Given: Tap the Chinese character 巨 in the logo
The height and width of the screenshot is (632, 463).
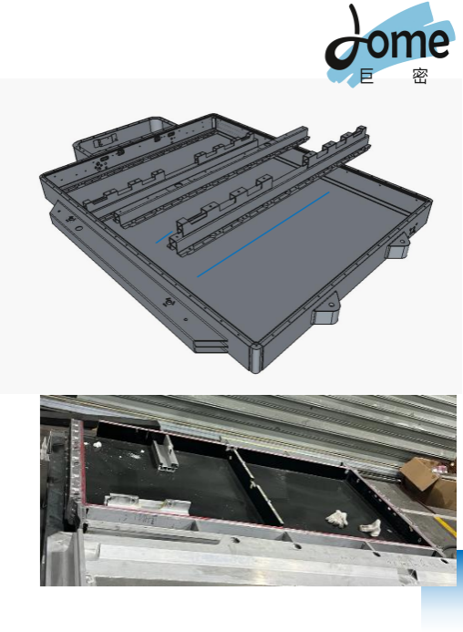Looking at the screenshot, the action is (366, 76).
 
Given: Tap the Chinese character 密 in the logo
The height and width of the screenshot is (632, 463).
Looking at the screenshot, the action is (420, 77).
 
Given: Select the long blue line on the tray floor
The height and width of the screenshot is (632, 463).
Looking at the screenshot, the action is (263, 234).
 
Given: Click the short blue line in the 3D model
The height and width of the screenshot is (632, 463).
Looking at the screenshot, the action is (164, 237).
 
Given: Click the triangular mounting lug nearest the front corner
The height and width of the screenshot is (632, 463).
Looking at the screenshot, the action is (326, 309).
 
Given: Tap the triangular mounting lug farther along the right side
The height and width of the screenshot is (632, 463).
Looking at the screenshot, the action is (398, 246).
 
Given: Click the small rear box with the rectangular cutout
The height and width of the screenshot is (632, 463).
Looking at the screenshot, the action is (117, 138).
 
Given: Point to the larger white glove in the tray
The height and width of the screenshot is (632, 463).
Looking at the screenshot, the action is (337, 517).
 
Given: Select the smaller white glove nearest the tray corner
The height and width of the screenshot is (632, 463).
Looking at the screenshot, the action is (371, 527).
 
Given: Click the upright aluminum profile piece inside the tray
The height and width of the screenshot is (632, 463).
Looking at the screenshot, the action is (165, 452).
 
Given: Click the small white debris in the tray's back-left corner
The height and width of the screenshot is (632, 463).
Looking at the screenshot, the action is (97, 444).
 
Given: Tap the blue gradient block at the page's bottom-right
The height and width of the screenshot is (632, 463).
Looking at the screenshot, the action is (442, 590).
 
